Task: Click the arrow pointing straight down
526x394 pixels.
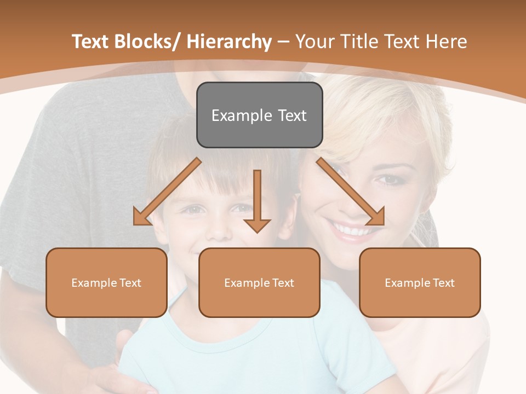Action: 257,200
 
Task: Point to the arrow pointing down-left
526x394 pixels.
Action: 167,192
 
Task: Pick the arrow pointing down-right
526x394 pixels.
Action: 351,192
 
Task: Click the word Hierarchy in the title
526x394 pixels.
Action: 229,42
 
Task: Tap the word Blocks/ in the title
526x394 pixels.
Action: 151,42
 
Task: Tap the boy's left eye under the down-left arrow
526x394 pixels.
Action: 192,209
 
